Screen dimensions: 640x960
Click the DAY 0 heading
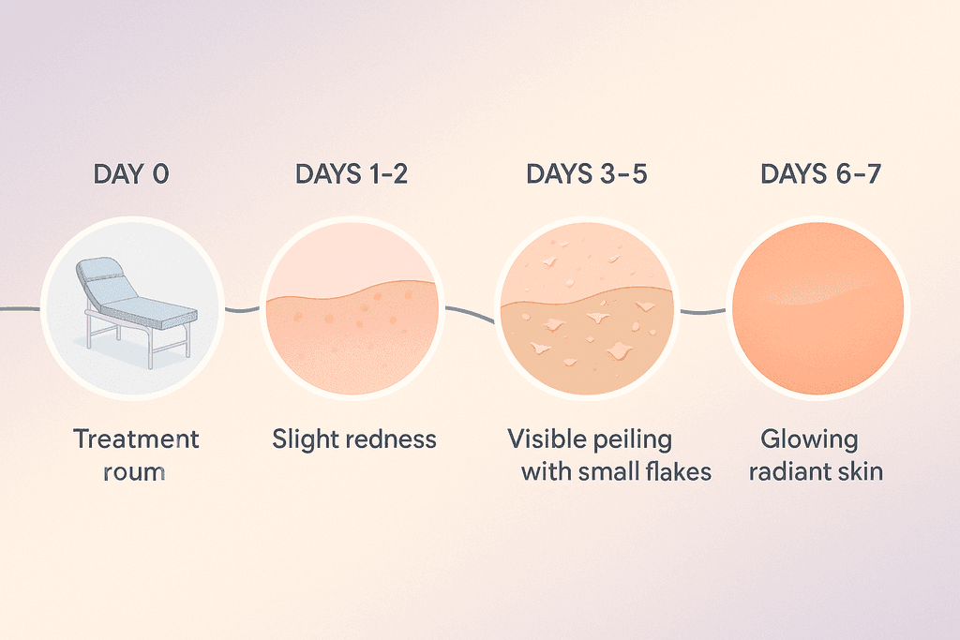pyautogui.click(x=131, y=173)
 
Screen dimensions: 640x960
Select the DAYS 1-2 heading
pyautogui.click(x=352, y=173)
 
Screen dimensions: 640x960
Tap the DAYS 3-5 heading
pyautogui.click(x=587, y=173)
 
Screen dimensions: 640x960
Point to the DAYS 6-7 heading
pyautogui.click(x=820, y=173)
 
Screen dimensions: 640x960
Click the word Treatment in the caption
pyautogui.click(x=137, y=439)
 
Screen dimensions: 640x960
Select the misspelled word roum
pyautogui.click(x=134, y=470)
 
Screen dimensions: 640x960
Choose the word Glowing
pyautogui.click(x=808, y=439)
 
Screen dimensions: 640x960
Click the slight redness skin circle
pyautogui.click(x=352, y=309)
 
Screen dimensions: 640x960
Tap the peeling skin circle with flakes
pyautogui.click(x=587, y=309)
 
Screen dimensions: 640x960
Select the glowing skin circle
pyautogui.click(x=818, y=309)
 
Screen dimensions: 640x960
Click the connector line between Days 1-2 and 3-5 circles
pyautogui.click(x=469, y=314)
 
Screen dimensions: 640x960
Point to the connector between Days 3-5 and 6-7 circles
pyautogui.click(x=702, y=311)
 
